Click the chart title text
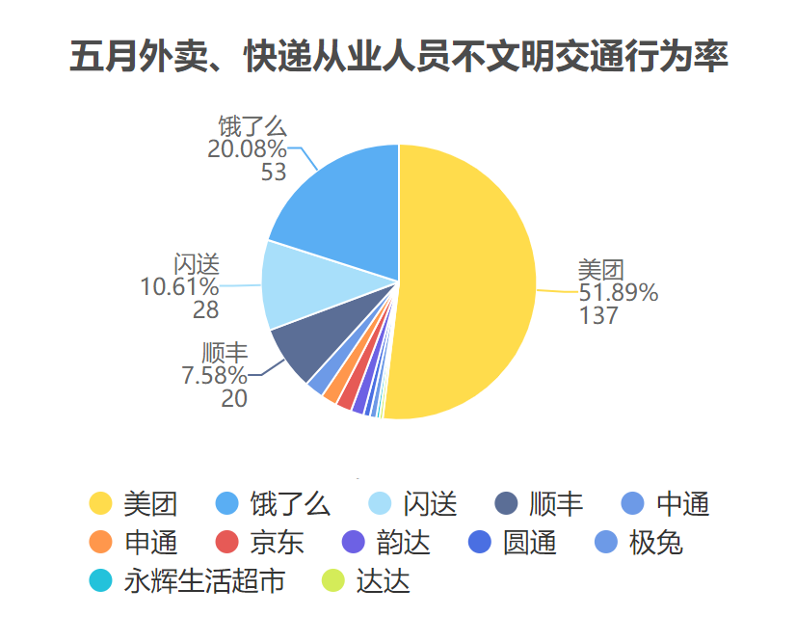[398, 57]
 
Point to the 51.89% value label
[618, 292]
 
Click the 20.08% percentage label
[247, 148]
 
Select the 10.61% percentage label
[179, 286]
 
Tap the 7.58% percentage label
[214, 375]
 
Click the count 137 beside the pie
[597, 315]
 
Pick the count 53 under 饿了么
[274, 172]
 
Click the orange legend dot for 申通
[100, 543]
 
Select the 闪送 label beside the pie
[197, 263]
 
